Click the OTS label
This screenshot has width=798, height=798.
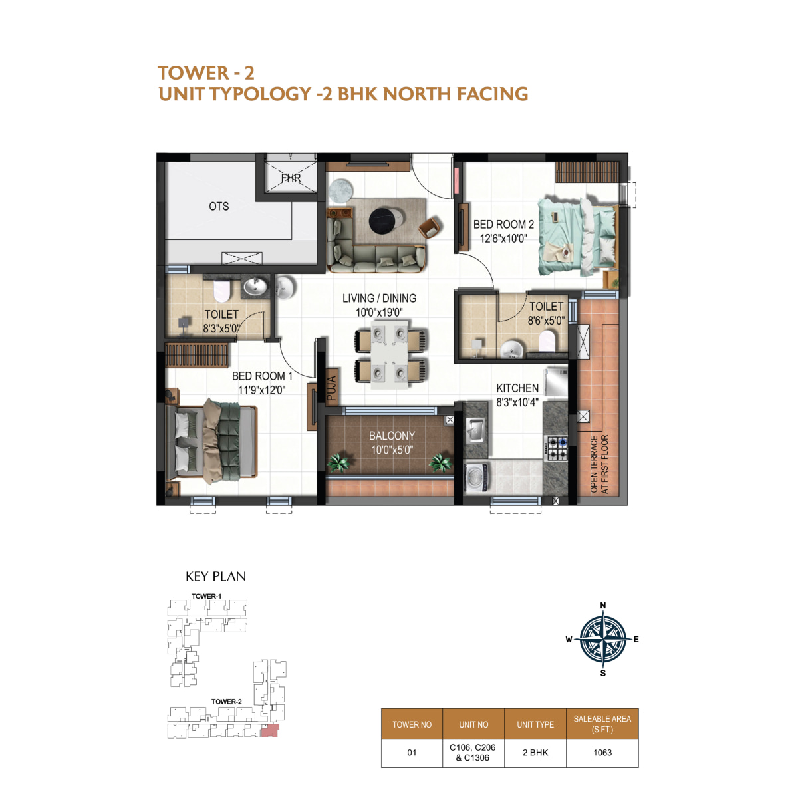219,206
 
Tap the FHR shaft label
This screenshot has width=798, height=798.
291,178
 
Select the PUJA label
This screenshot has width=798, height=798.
332,388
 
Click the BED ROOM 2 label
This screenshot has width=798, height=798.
503,225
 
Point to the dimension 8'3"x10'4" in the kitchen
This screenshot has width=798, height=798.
517,402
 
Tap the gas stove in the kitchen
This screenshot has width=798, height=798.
556,448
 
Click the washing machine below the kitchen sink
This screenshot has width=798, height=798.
476,477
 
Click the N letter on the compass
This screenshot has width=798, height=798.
602,605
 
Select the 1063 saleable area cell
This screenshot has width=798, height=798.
602,752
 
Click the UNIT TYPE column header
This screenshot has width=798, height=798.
535,724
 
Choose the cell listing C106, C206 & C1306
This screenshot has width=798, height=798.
473,752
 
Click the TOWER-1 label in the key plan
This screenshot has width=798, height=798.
206,596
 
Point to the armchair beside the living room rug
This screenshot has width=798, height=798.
430,227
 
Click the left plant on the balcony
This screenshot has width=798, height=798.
339,462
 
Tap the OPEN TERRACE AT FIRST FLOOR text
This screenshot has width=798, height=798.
599,464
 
